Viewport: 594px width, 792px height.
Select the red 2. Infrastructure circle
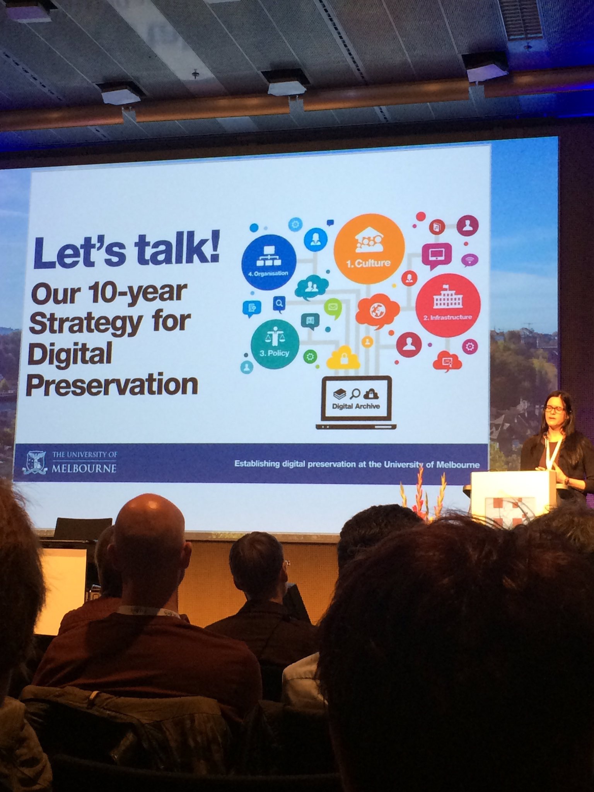pos(448,305)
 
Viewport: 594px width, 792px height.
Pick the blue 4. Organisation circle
pos(269,262)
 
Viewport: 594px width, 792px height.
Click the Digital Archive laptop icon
pos(356,403)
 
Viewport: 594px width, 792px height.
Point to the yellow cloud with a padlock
pos(343,358)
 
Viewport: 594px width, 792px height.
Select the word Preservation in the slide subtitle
pos(112,385)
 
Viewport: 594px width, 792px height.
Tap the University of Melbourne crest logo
pos(37,463)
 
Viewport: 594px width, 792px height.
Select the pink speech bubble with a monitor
pos(437,255)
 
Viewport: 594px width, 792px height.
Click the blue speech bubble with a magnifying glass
pos(279,304)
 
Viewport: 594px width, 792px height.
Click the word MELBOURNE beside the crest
pos(84,468)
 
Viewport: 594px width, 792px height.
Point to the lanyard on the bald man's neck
pos(147,611)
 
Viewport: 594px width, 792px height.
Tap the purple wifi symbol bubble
pos(469,260)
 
